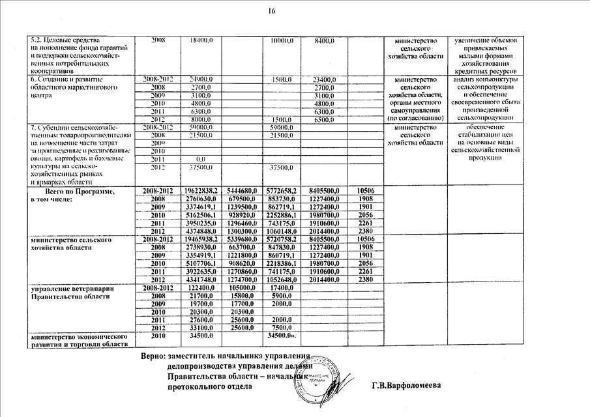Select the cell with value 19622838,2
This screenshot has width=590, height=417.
[200, 190]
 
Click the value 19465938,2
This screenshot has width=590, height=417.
[200, 240]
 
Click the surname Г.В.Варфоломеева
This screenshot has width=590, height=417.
[406, 386]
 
